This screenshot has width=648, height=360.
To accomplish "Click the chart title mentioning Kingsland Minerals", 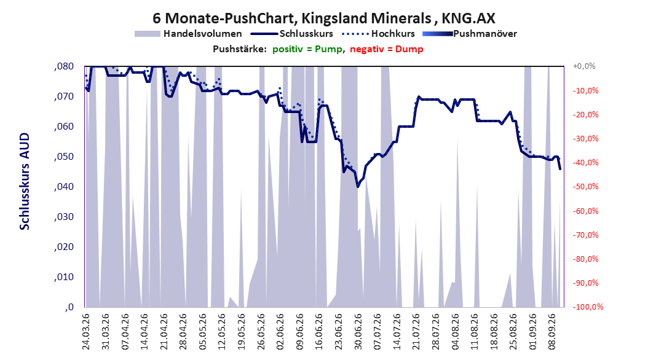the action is pos(323,18).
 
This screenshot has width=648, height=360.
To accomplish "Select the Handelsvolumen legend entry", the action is pos(189,34).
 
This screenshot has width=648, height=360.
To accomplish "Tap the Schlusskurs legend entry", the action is pos(292,34).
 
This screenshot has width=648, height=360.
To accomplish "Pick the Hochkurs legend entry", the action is pos(379,34).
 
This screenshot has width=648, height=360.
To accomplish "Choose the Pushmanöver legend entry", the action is pos(470,34).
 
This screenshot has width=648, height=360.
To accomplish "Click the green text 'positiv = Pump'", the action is pos(307,49).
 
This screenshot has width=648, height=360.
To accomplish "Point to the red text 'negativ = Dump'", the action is pos(387,49).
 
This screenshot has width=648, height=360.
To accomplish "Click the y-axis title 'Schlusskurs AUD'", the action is pos(25,181).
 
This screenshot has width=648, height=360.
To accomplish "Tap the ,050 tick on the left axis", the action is pos(64,157).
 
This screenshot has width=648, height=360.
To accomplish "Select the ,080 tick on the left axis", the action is pos(64,66).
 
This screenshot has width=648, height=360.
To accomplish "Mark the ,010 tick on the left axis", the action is pos(64,277).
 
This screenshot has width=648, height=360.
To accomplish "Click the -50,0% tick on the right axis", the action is pos(585,187).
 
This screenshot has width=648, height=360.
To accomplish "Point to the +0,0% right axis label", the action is pos(584,66).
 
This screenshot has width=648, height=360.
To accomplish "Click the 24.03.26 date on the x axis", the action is pos(86,332).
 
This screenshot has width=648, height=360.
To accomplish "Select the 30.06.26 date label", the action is pos(358,332).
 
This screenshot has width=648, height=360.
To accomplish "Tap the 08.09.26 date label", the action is pos(552,332).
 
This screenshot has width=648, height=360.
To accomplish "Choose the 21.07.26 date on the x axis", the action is pos(416,332).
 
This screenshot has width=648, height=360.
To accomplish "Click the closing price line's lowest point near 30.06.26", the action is pos(358,187).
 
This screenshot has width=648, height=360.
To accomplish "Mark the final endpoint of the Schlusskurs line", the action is pos(560,169).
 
